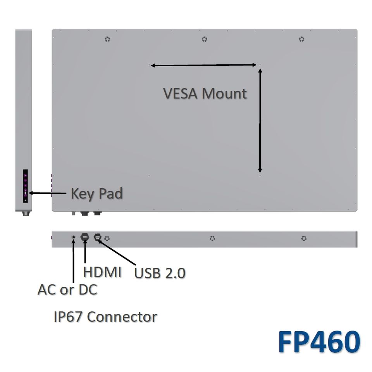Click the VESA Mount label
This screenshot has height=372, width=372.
point(205,94)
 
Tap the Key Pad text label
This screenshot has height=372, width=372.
point(96,193)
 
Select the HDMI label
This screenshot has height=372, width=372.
point(102,272)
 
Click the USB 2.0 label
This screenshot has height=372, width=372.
point(160,273)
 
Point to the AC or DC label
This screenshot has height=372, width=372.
point(67,289)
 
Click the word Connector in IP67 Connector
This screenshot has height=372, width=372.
point(122,317)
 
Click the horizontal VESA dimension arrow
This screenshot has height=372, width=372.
point(204,65)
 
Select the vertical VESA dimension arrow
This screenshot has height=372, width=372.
point(260,121)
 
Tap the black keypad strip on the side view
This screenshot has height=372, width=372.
point(26,186)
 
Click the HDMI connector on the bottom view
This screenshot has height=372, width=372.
point(84,237)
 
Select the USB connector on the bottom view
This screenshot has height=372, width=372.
point(97,237)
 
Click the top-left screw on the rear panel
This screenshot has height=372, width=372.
point(107,39)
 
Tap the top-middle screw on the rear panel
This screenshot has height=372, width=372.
point(204,39)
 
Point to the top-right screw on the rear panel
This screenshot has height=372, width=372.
point(301,39)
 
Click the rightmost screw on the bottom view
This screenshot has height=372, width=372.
point(304,238)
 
